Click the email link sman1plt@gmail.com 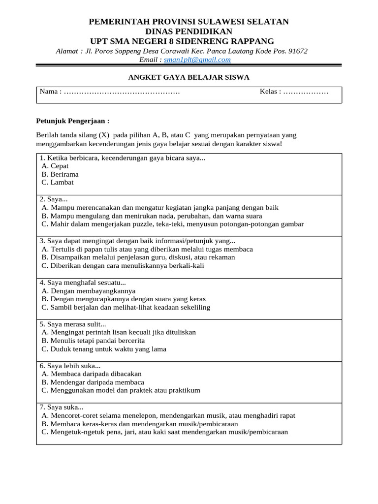click(197, 60)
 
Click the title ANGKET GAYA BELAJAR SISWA click(189, 77)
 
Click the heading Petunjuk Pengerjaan click(73, 121)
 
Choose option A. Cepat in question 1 click(55, 166)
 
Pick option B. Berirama click(60, 174)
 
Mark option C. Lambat click(58, 182)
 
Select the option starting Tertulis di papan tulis click(147, 249)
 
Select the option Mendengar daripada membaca click(93, 382)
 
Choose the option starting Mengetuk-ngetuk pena click(165, 432)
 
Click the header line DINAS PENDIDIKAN click(189, 31)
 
